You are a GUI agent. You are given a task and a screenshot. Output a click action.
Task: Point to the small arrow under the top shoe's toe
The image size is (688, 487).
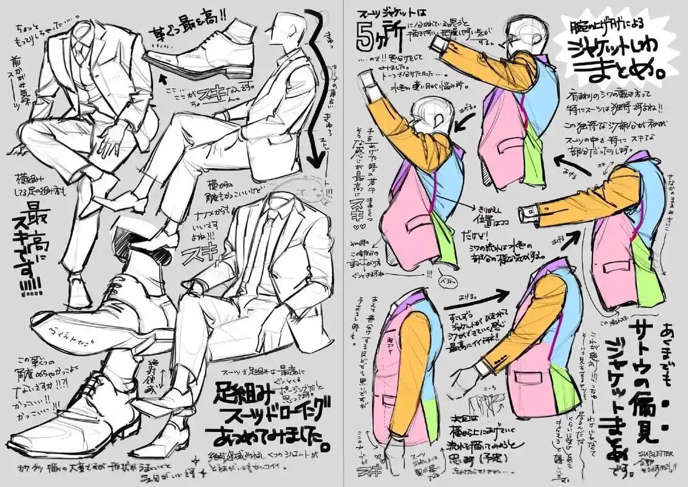click(x=162, y=77)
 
